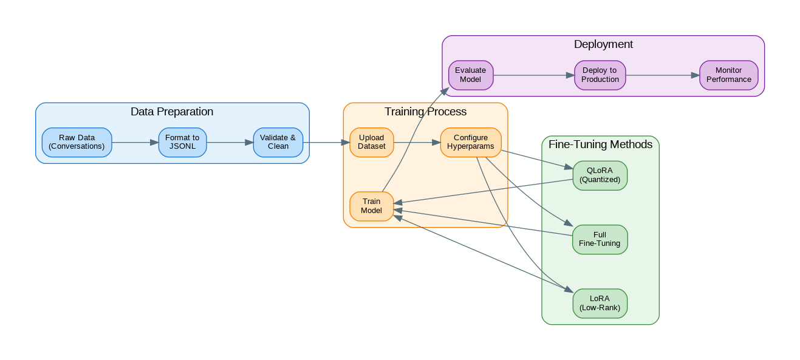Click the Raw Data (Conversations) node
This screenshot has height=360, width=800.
(x=77, y=143)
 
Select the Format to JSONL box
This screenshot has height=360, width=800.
(x=182, y=143)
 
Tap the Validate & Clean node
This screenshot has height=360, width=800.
(x=278, y=143)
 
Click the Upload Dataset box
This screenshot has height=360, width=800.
(x=371, y=143)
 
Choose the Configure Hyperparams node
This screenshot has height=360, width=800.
(x=470, y=143)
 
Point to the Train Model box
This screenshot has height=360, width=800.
(x=371, y=206)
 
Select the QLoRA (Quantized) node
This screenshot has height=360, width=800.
(x=600, y=175)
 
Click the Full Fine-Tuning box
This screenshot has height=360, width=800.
(x=600, y=239)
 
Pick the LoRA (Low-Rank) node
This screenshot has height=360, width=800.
(x=600, y=303)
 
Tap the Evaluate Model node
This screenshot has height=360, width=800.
(x=470, y=75)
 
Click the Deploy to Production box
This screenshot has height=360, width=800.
(x=600, y=75)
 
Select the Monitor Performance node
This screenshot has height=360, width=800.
(x=728, y=75)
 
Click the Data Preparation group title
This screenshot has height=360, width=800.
(x=172, y=112)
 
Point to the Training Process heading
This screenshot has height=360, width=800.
(x=425, y=112)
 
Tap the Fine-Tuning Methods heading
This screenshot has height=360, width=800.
(x=600, y=144)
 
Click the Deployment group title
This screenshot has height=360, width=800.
(x=603, y=44)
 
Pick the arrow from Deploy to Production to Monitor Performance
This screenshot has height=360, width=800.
(x=662, y=75)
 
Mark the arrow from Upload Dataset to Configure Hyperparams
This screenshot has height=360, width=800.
(x=417, y=143)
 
